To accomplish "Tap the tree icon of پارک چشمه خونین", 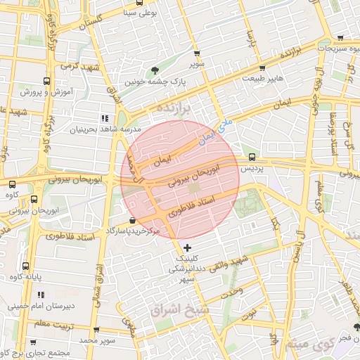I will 155,70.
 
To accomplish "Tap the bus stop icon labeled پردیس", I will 252,157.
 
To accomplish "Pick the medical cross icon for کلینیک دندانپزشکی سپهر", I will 186,247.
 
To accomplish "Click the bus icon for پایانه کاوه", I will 26,266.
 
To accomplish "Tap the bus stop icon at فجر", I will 356,328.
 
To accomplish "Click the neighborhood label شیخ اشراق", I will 181,309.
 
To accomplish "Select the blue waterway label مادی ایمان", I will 214,133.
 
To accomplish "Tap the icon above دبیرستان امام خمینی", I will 41,295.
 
